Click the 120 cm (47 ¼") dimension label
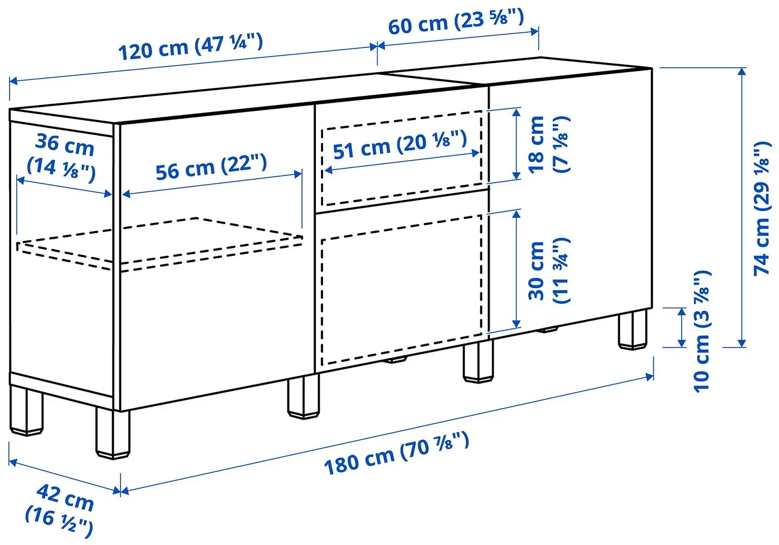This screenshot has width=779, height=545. (190, 46)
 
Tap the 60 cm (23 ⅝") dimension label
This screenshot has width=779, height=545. (455, 22)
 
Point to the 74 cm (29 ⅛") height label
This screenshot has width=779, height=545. (762, 208)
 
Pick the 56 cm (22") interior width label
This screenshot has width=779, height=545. (211, 167)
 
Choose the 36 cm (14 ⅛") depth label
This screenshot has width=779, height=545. (63, 154)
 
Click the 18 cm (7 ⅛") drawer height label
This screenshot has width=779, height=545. (548, 144)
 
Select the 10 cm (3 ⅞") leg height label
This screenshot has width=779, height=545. (702, 331)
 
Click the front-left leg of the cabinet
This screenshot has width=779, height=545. (113, 434)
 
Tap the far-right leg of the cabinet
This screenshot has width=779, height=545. (632, 330)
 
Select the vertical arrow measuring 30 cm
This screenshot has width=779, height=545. (516, 268)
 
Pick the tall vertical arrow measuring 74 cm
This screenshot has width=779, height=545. (741, 207)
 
